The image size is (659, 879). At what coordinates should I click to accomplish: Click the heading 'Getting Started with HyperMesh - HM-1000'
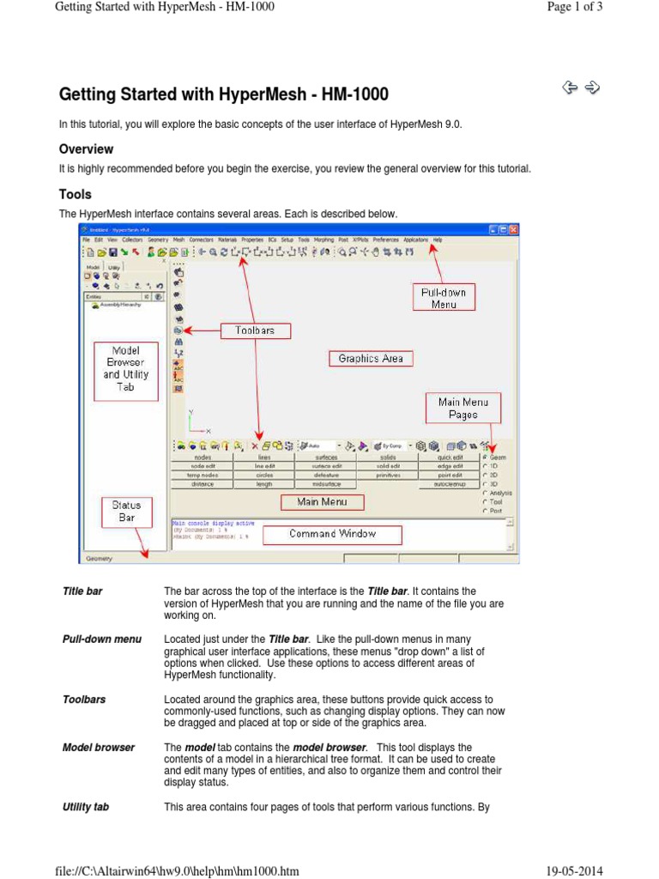(x=223, y=94)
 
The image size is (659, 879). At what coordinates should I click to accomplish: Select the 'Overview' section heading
(x=86, y=149)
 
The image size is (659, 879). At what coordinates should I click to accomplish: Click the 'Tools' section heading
(x=76, y=194)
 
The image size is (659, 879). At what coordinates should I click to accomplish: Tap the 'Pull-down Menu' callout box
(x=444, y=298)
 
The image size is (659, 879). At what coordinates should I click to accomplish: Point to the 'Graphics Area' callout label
(x=371, y=359)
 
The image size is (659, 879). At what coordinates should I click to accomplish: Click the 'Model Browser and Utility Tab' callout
(x=125, y=368)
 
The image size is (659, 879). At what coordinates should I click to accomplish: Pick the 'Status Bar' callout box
(x=126, y=512)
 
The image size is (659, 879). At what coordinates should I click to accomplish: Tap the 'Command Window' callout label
(x=332, y=534)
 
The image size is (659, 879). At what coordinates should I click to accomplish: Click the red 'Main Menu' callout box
(x=322, y=501)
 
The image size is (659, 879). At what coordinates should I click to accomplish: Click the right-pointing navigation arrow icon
(x=592, y=87)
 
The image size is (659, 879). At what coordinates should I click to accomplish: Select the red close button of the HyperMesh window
(x=513, y=230)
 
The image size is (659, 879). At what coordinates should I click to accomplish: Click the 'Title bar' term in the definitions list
(x=82, y=591)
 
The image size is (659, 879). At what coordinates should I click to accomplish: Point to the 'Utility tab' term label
(x=86, y=807)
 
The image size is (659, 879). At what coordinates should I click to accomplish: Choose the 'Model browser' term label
(x=99, y=748)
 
